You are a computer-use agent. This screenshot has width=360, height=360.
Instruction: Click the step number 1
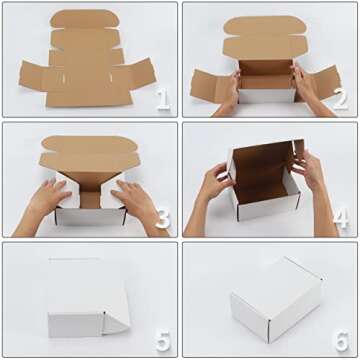[162, 100]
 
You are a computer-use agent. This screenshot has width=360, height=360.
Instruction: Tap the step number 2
[339, 100]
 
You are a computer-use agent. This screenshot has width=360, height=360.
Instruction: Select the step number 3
[162, 220]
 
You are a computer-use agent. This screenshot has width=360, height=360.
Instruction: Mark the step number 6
[340, 340]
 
